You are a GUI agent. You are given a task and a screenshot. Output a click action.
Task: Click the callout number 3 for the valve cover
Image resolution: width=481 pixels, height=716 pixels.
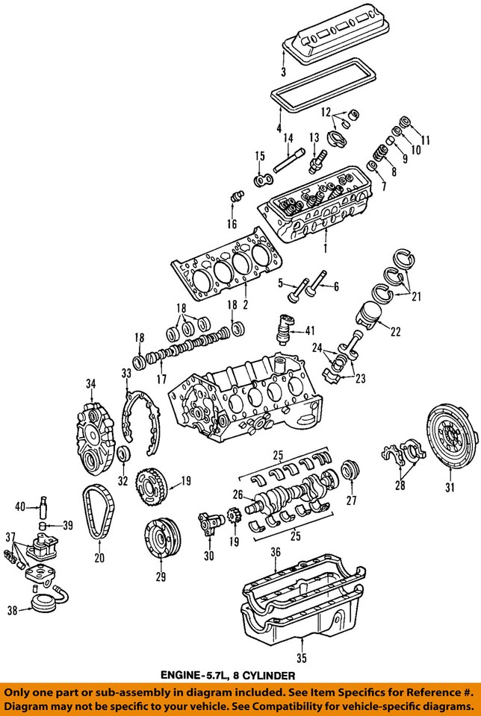[x=283, y=72]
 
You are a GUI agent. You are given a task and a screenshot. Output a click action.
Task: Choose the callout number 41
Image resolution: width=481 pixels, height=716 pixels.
[x=310, y=330]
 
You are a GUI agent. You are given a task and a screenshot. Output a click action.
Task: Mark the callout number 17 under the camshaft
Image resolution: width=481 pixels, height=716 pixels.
[x=161, y=379]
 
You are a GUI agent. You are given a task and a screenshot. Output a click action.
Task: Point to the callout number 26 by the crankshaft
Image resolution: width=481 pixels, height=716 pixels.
[x=238, y=494]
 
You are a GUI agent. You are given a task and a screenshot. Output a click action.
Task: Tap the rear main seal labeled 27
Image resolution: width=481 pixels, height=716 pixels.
[x=349, y=472]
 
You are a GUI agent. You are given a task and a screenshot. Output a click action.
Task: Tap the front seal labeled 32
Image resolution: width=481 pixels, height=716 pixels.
[x=124, y=453]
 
